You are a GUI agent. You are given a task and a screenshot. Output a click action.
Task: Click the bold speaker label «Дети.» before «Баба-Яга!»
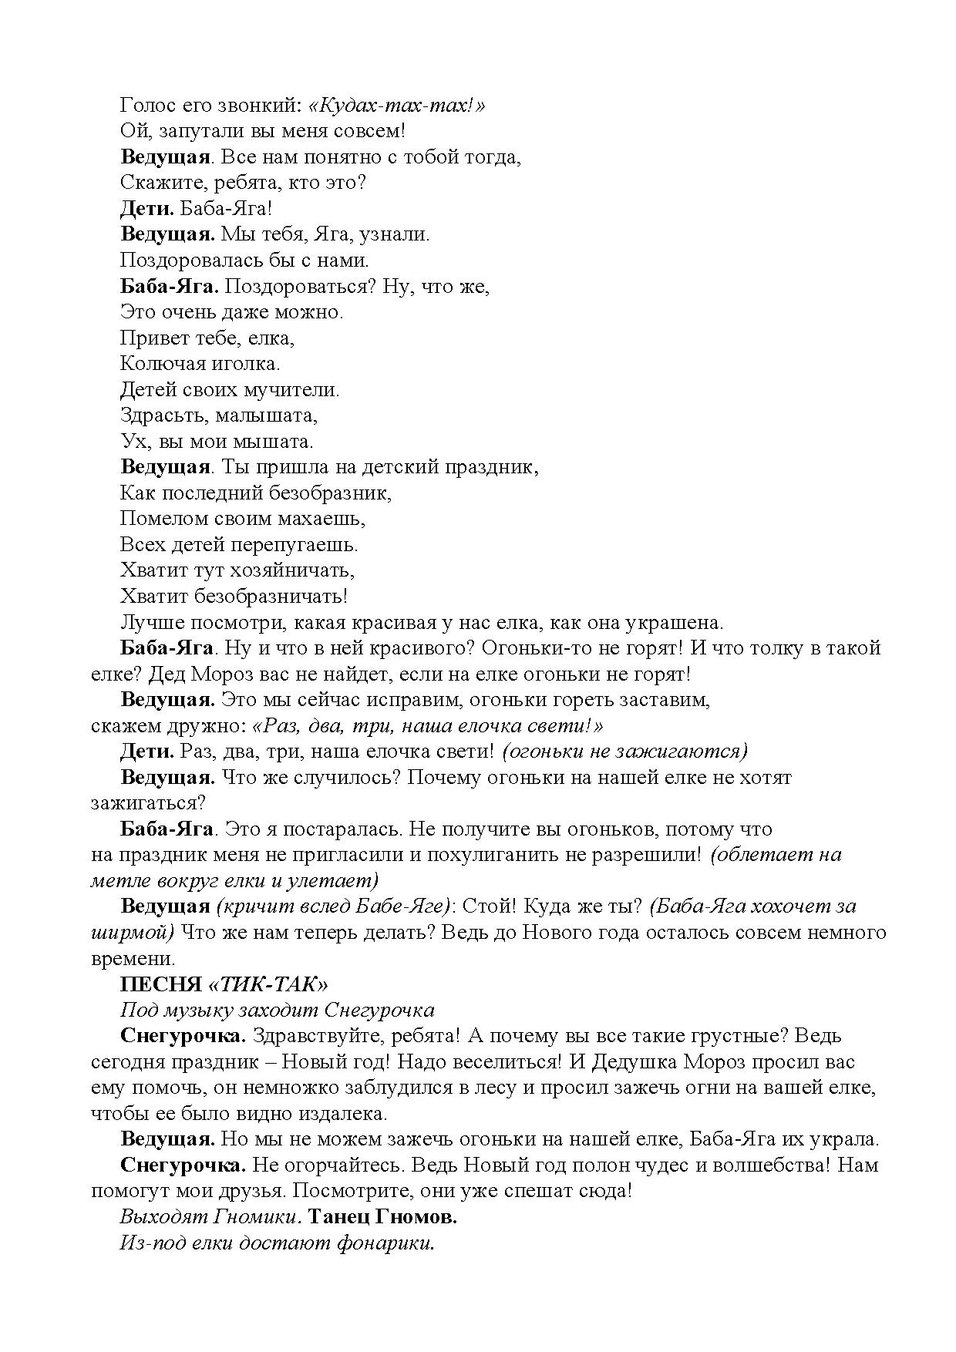pyautogui.click(x=148, y=209)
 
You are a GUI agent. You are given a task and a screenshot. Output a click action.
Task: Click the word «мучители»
pyautogui.click(x=293, y=390)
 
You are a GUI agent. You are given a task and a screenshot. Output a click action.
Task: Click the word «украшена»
pyautogui.click(x=672, y=623)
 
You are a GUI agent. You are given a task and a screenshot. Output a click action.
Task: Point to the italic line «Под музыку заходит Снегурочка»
pyautogui.click(x=278, y=1011)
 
